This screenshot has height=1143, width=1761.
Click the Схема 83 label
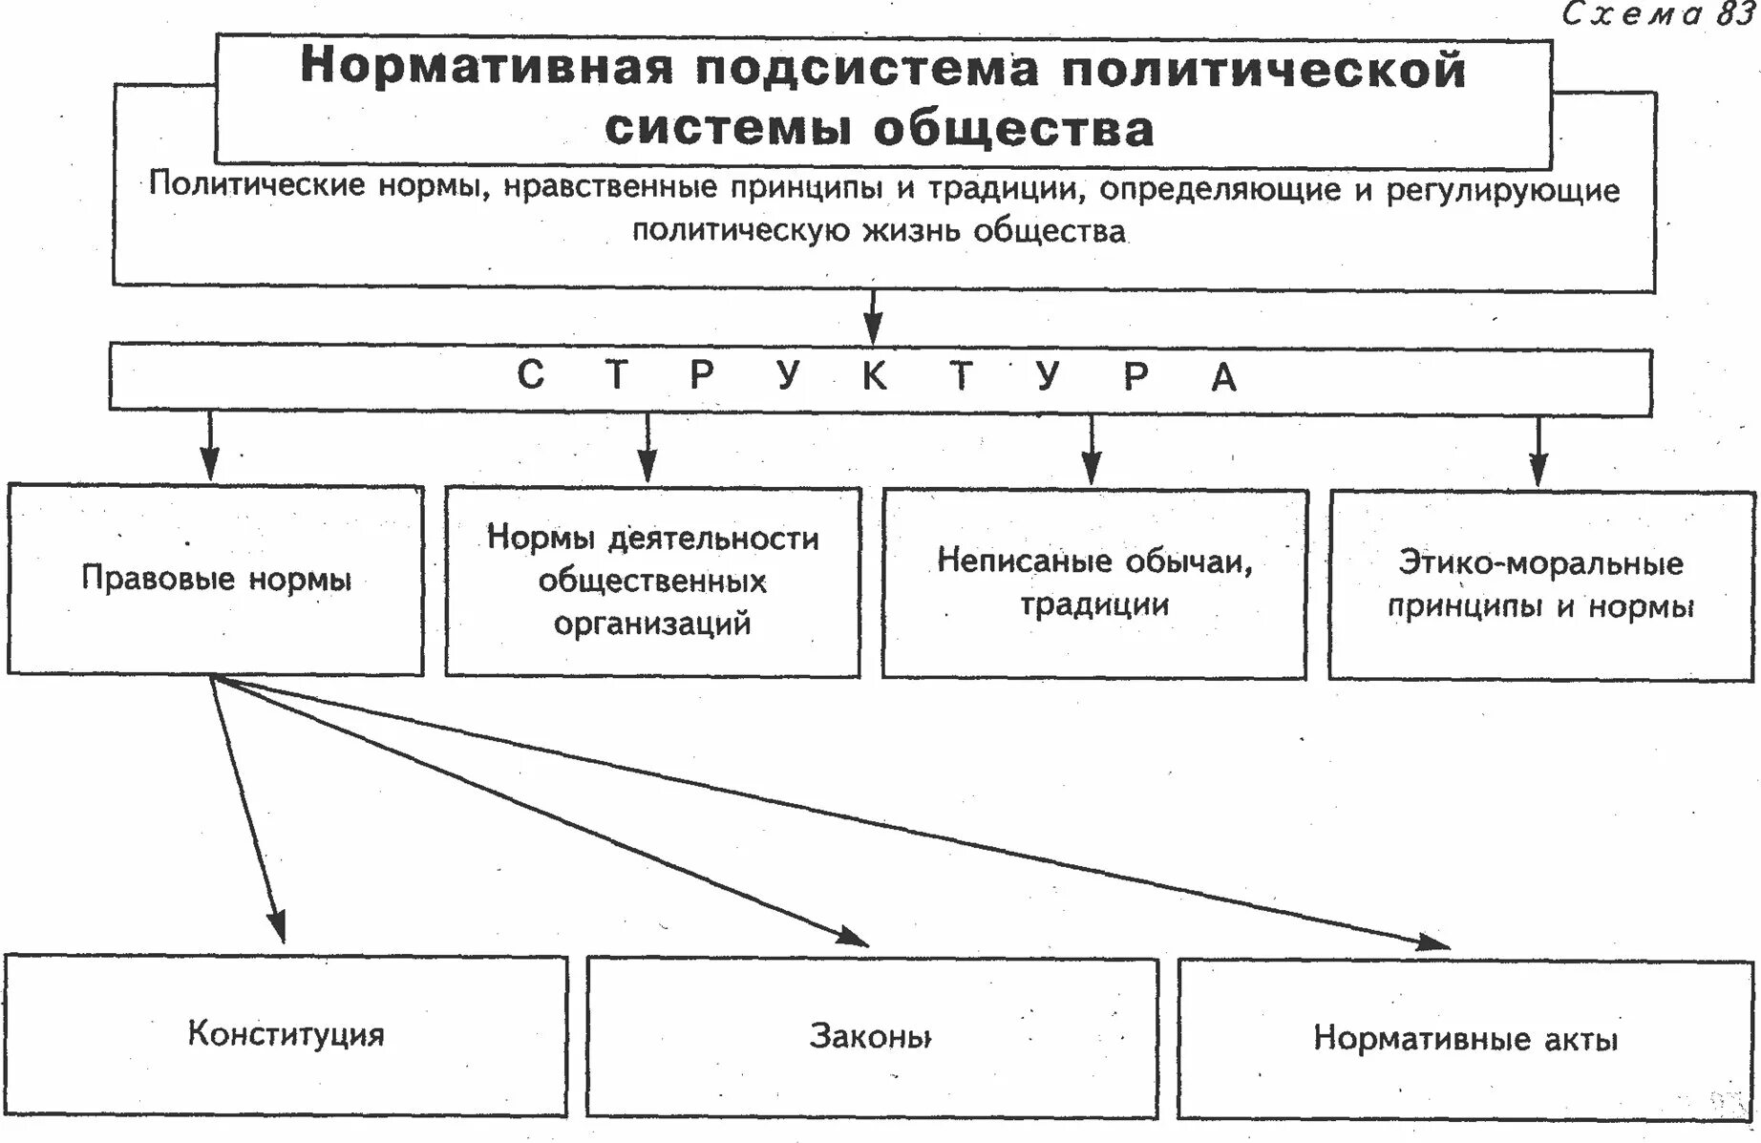coord(1658,13)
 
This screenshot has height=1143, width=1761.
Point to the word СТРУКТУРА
coord(877,376)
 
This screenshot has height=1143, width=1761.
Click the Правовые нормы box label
coord(217,579)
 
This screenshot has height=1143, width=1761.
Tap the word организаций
coord(652,624)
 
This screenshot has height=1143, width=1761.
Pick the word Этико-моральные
coord(1540,563)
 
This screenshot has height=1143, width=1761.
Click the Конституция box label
coord(286,1034)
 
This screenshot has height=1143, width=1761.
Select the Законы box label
coord(870,1036)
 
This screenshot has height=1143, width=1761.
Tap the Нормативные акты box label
coord(1465,1038)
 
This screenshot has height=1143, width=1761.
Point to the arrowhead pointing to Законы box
coord(853,938)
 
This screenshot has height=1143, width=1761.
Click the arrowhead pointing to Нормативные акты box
coord(1432,942)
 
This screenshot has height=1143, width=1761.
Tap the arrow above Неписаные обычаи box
coord(1092,450)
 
